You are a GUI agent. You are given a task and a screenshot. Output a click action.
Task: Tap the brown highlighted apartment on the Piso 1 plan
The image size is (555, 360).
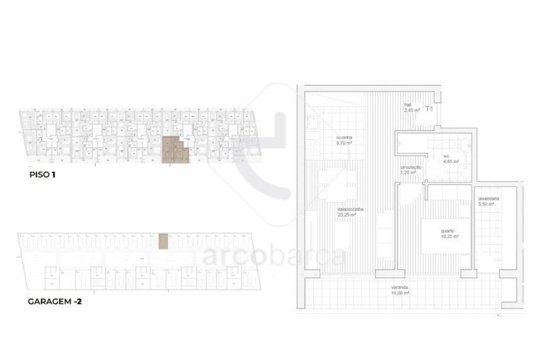[175, 150]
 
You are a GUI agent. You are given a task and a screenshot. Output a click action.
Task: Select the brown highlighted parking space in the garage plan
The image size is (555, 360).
[163, 241]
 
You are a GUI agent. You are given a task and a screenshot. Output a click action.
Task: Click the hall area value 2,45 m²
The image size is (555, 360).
[412, 110]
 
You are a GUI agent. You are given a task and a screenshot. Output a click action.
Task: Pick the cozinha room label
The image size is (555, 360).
[343, 138]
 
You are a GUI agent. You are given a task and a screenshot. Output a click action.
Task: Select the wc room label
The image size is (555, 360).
[446, 156]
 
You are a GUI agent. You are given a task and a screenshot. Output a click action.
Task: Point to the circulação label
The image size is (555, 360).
[410, 167]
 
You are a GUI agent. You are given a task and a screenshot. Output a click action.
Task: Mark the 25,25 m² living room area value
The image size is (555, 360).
[346, 214]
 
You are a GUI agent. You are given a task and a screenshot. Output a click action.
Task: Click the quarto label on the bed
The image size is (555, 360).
[447, 231]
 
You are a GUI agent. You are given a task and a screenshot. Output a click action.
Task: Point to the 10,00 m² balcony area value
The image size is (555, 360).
[400, 293]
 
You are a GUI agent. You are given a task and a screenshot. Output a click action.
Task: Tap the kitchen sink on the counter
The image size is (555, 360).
[310, 121]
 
